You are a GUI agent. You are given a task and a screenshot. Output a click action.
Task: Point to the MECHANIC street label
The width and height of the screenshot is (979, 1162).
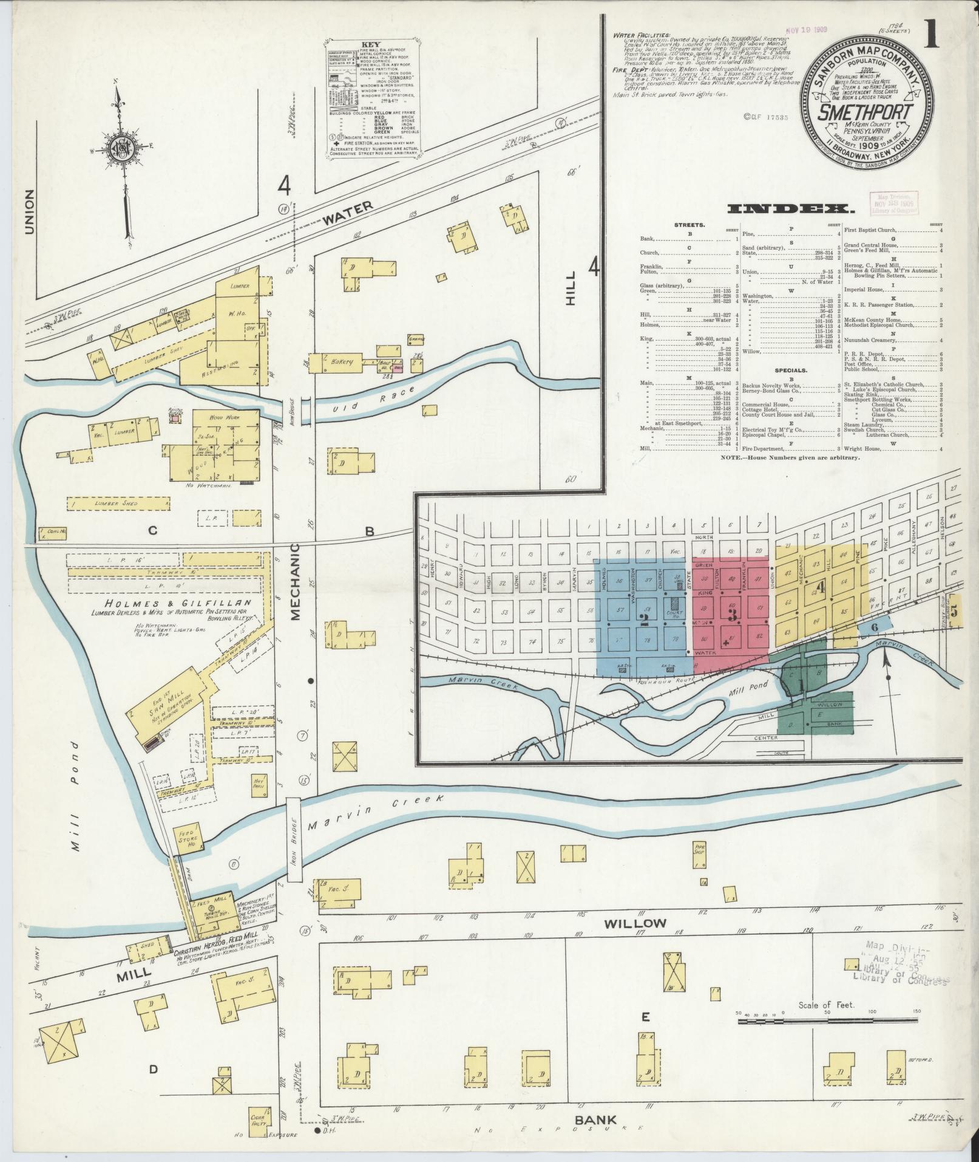coord(296,581)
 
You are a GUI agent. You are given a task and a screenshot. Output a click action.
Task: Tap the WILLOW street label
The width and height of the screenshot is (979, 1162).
coord(635,940)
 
